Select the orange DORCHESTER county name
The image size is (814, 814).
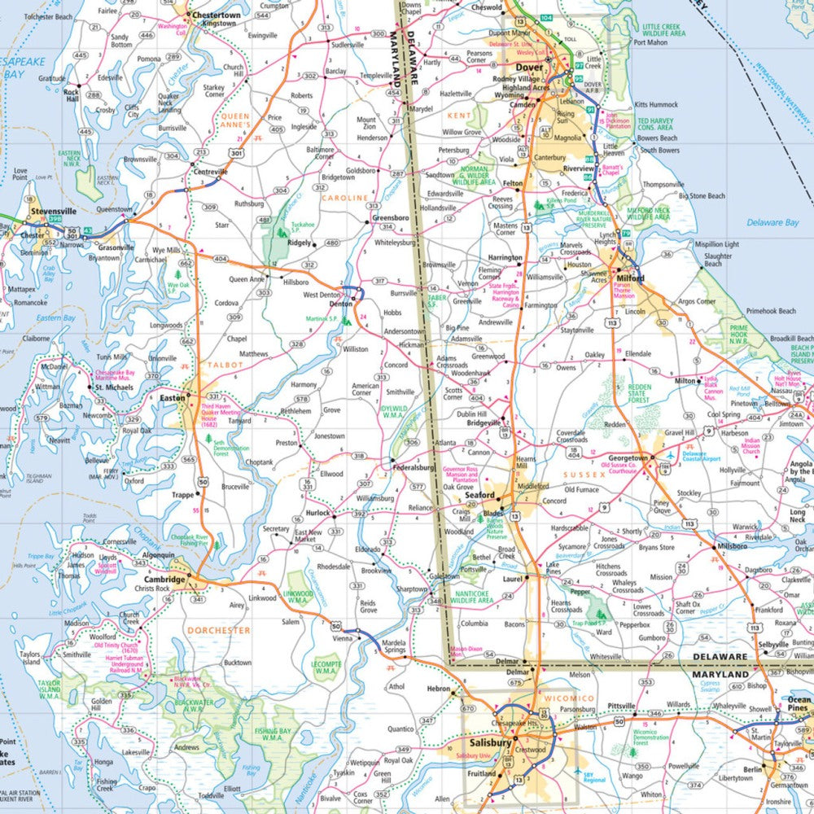(x=217, y=630)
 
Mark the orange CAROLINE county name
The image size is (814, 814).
(x=346, y=197)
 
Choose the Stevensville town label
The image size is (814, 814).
(x=53, y=211)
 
